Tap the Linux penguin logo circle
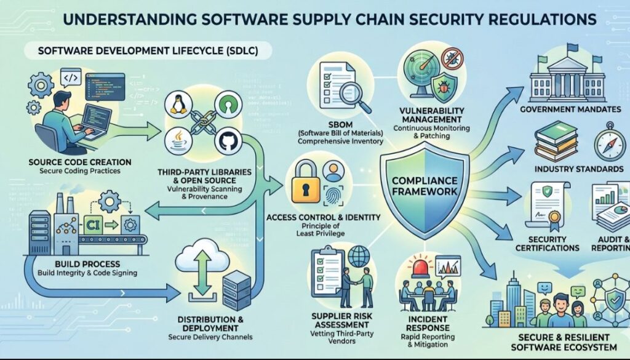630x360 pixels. click(x=177, y=106)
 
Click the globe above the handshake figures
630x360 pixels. click(x=358, y=256)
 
